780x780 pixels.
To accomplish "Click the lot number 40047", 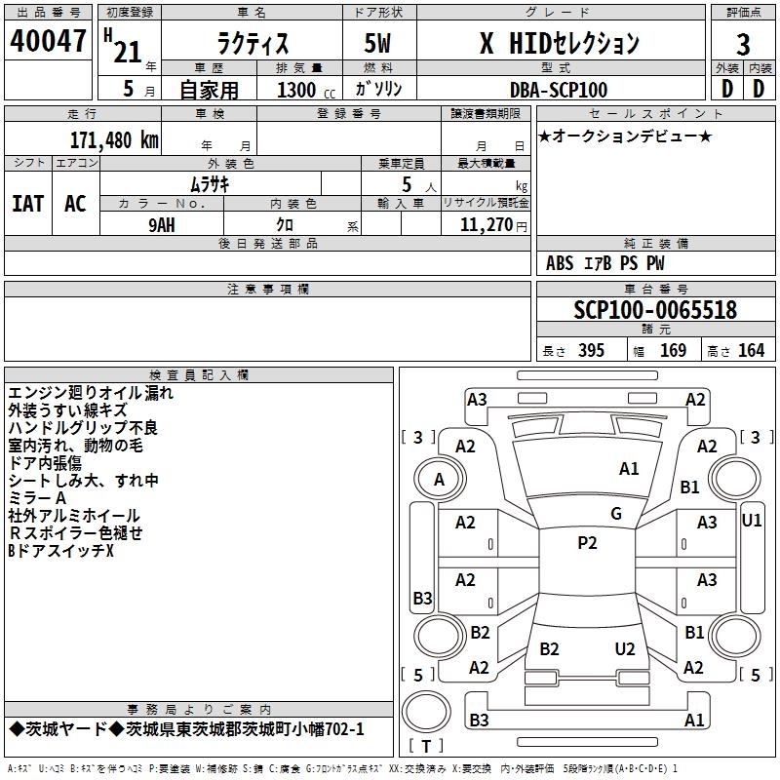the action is (x=48, y=41).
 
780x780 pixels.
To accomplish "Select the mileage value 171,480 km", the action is (x=114, y=140).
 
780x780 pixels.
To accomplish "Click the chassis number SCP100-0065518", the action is (x=655, y=309).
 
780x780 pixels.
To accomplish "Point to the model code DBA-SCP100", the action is (x=559, y=90).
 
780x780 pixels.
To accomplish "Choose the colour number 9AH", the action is (x=162, y=225).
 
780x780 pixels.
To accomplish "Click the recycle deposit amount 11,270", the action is (x=486, y=225).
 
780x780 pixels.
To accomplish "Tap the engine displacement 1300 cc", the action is (x=306, y=91).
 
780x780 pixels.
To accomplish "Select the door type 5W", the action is (x=377, y=43).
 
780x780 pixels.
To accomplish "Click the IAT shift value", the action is (x=28, y=204).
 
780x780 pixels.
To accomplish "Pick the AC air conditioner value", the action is (x=75, y=204).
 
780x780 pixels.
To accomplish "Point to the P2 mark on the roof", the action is (x=587, y=543).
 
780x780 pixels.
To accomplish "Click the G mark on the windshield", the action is (x=616, y=514).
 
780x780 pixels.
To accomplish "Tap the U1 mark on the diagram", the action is (x=751, y=521).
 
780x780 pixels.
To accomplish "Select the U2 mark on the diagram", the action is (x=625, y=649).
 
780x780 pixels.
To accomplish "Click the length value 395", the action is (x=591, y=351).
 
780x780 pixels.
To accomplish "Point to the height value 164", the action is (x=751, y=351).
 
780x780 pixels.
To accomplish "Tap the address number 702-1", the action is (x=344, y=729).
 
